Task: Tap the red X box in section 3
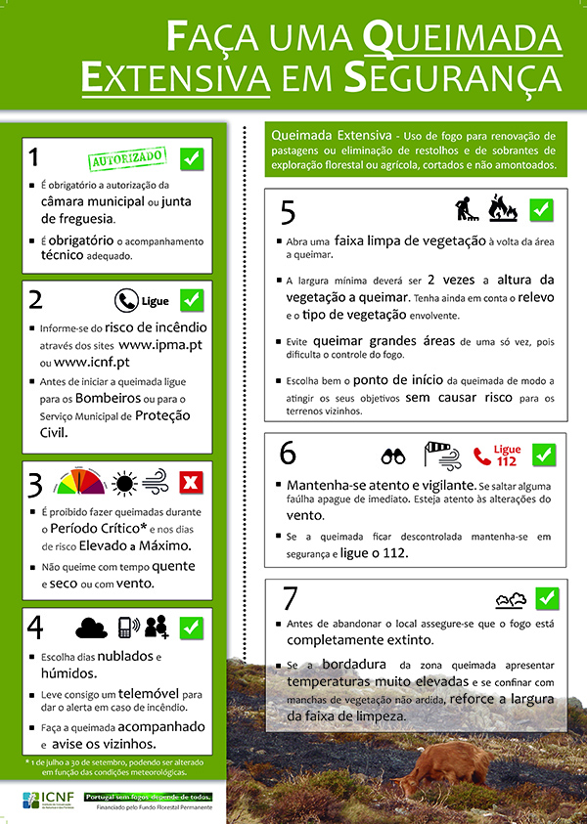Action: (x=192, y=481)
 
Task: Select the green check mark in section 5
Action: (x=542, y=209)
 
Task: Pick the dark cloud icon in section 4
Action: (x=91, y=628)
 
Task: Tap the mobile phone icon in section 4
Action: (x=125, y=628)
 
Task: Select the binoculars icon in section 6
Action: (x=393, y=455)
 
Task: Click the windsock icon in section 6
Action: (x=436, y=455)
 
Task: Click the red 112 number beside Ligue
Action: (x=507, y=461)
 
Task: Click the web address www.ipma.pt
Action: (x=160, y=345)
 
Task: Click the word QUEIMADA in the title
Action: (x=465, y=38)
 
